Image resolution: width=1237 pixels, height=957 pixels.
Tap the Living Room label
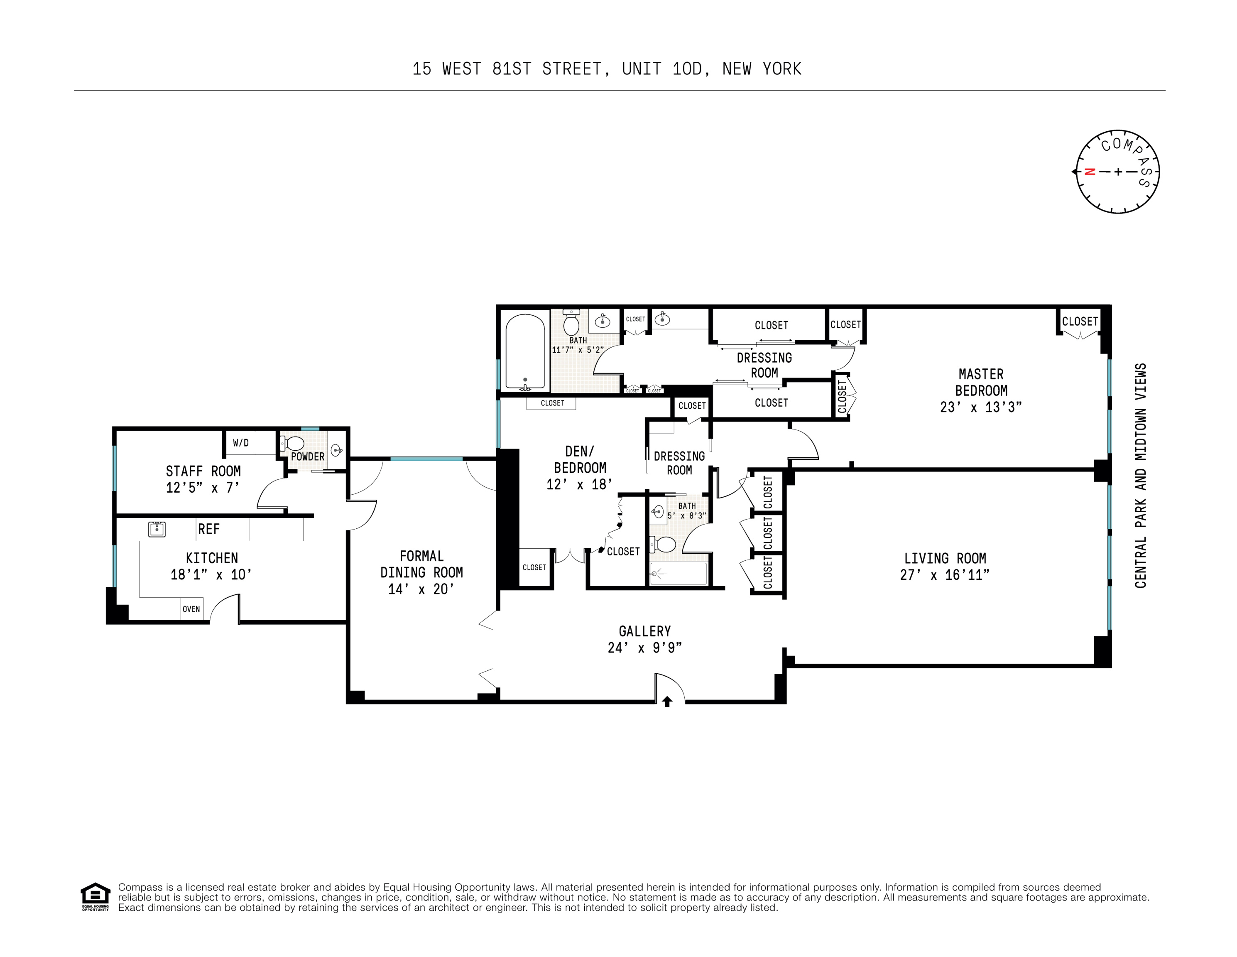(x=944, y=558)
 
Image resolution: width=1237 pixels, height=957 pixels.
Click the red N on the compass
(x=1089, y=172)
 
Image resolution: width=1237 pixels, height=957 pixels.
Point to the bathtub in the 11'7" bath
(x=525, y=352)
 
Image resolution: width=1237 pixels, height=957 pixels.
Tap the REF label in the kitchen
(x=208, y=529)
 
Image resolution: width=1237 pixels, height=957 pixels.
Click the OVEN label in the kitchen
(x=191, y=609)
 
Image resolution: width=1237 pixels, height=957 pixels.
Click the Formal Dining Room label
(x=421, y=564)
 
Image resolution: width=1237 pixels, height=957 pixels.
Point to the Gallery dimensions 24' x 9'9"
(x=644, y=648)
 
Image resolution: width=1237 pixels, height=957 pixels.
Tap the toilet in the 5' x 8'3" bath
(x=664, y=545)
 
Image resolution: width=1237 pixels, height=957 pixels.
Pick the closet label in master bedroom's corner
(x=1080, y=321)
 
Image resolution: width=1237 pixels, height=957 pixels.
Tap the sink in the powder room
(x=336, y=451)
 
